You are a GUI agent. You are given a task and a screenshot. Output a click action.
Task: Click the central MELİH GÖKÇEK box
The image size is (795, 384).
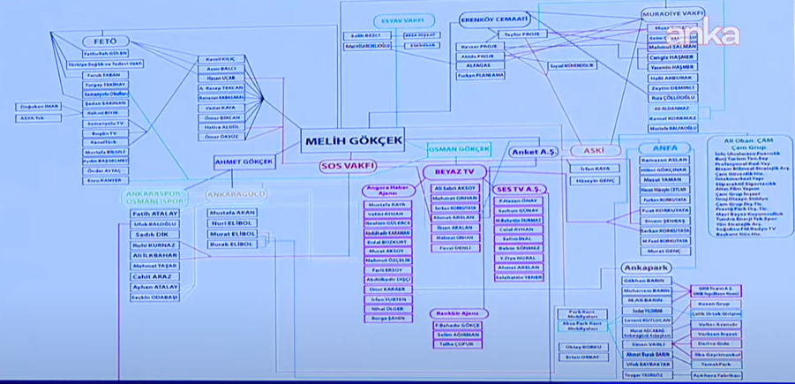coord(354,141)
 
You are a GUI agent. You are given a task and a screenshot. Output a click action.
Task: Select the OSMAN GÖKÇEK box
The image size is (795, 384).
coord(459,149)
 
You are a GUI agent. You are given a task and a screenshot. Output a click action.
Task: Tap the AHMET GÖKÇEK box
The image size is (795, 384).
coord(244,162)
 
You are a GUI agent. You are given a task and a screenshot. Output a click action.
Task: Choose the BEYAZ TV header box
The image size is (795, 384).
coord(454,171)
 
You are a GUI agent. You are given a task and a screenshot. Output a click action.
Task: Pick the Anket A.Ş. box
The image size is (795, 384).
coord(535,153)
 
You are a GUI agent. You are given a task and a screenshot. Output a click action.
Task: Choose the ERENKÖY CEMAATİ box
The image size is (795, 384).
coord(494,19)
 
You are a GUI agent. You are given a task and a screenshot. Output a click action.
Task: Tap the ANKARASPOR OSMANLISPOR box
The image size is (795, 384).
coord(154,197)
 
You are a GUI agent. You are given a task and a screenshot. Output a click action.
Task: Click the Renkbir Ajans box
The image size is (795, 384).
coord(458,313)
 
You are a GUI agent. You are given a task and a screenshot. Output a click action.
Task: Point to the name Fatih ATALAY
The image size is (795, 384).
coord(154,214)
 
